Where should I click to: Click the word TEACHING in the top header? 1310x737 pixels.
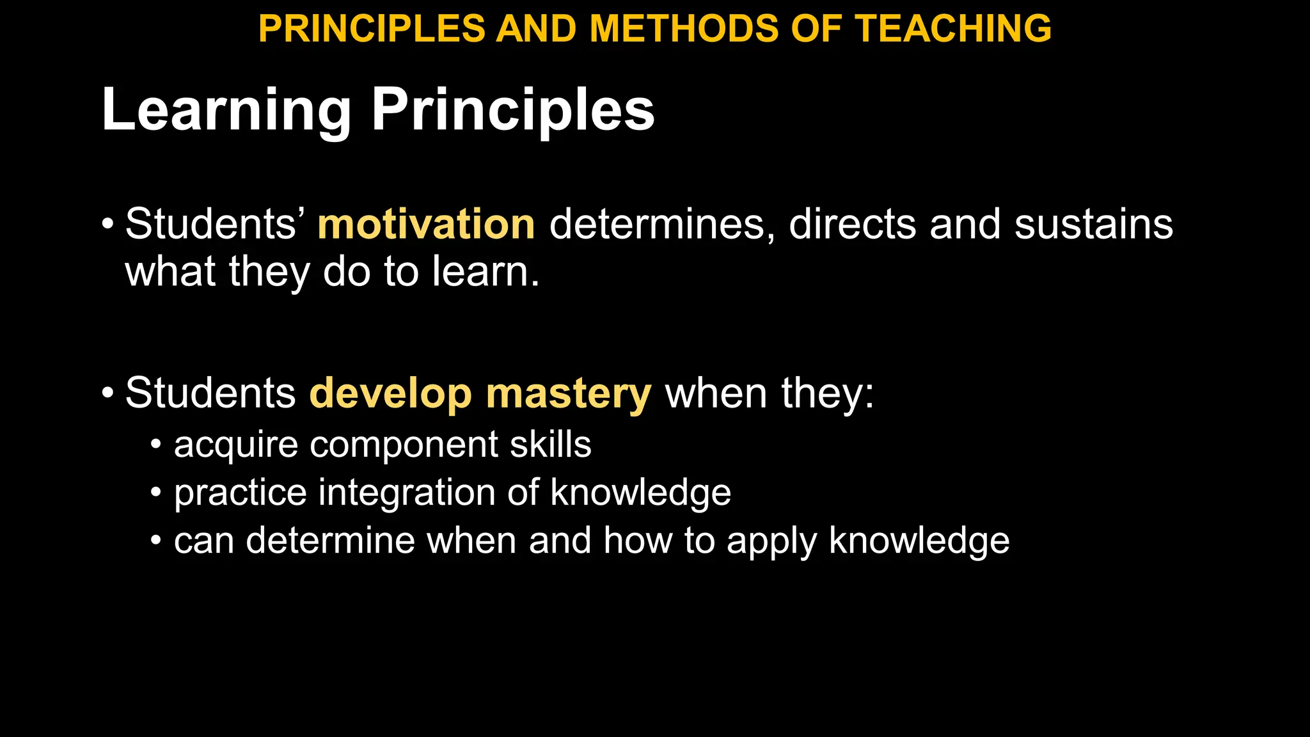point(953,29)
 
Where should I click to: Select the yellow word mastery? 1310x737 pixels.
point(569,393)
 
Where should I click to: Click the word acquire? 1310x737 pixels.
point(235,445)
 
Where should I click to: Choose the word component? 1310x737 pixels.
point(404,445)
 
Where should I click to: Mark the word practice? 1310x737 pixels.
point(241,493)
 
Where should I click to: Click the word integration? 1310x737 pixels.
point(407,493)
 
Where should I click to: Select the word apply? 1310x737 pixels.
point(771,541)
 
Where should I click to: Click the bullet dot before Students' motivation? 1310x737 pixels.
point(107,225)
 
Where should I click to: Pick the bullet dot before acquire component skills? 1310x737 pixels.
point(156,445)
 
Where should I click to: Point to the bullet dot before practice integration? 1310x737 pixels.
point(156,493)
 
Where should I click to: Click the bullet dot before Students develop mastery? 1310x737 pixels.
point(107,393)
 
